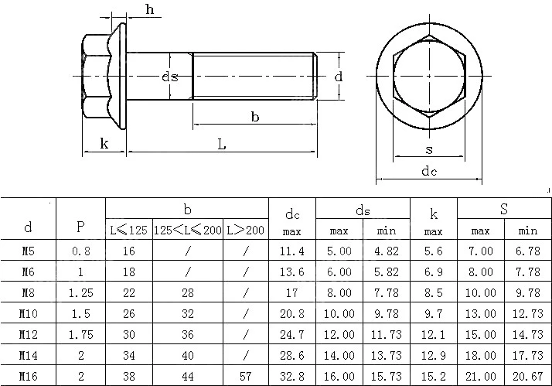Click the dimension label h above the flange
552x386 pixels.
coord(150,9)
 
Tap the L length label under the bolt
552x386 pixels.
coord(221,144)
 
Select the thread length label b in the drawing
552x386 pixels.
coord(255,116)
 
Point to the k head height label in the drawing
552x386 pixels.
coord(104,144)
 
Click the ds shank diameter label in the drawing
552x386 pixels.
coord(169,77)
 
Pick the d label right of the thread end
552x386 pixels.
coord(339,76)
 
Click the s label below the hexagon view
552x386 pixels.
coord(429,150)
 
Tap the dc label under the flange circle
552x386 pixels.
coord(429,171)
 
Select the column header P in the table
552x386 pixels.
coord(80,227)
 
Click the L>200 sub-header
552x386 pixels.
coord(245,231)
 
